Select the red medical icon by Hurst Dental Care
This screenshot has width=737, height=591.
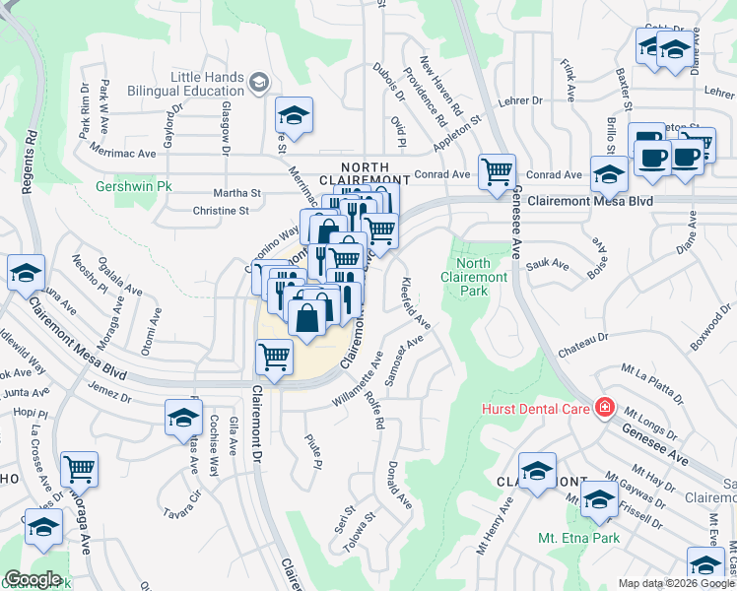click(x=603, y=408)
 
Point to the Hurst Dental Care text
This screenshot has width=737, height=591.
click(x=536, y=408)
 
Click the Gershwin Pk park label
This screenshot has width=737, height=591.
click(x=126, y=185)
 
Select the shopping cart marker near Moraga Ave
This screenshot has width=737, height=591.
click(x=79, y=469)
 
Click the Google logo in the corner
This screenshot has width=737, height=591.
click(x=33, y=579)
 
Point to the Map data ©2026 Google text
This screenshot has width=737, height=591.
click(x=675, y=583)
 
